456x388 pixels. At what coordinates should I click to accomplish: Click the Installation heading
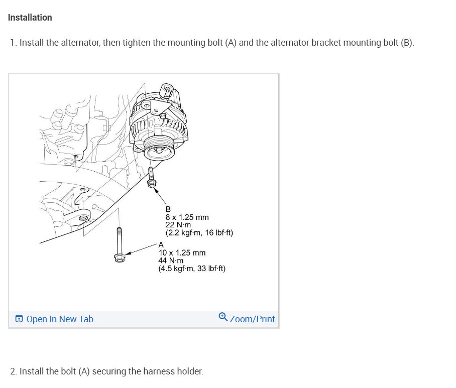[x=30, y=18]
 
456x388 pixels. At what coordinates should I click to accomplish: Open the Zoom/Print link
[x=252, y=319]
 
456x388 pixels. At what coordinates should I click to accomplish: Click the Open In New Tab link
[x=59, y=319]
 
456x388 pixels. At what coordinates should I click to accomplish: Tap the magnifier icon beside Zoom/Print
[x=223, y=317]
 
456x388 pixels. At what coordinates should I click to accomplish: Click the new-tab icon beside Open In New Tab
[x=19, y=319]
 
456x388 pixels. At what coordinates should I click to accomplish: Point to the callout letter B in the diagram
[x=168, y=209]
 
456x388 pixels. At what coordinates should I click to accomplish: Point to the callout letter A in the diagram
[x=161, y=245]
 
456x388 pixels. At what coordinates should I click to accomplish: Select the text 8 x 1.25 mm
[x=187, y=217]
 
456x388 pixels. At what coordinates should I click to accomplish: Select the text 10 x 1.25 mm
[x=182, y=253]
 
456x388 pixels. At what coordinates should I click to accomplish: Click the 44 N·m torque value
[x=171, y=261]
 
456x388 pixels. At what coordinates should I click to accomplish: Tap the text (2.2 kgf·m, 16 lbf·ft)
[x=199, y=233]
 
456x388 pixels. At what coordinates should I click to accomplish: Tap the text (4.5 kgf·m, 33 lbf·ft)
[x=192, y=269]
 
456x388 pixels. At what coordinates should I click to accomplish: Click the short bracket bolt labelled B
[x=151, y=176]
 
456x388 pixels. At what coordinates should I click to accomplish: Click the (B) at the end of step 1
[x=407, y=43]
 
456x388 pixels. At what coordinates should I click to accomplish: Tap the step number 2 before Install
[x=13, y=372]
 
